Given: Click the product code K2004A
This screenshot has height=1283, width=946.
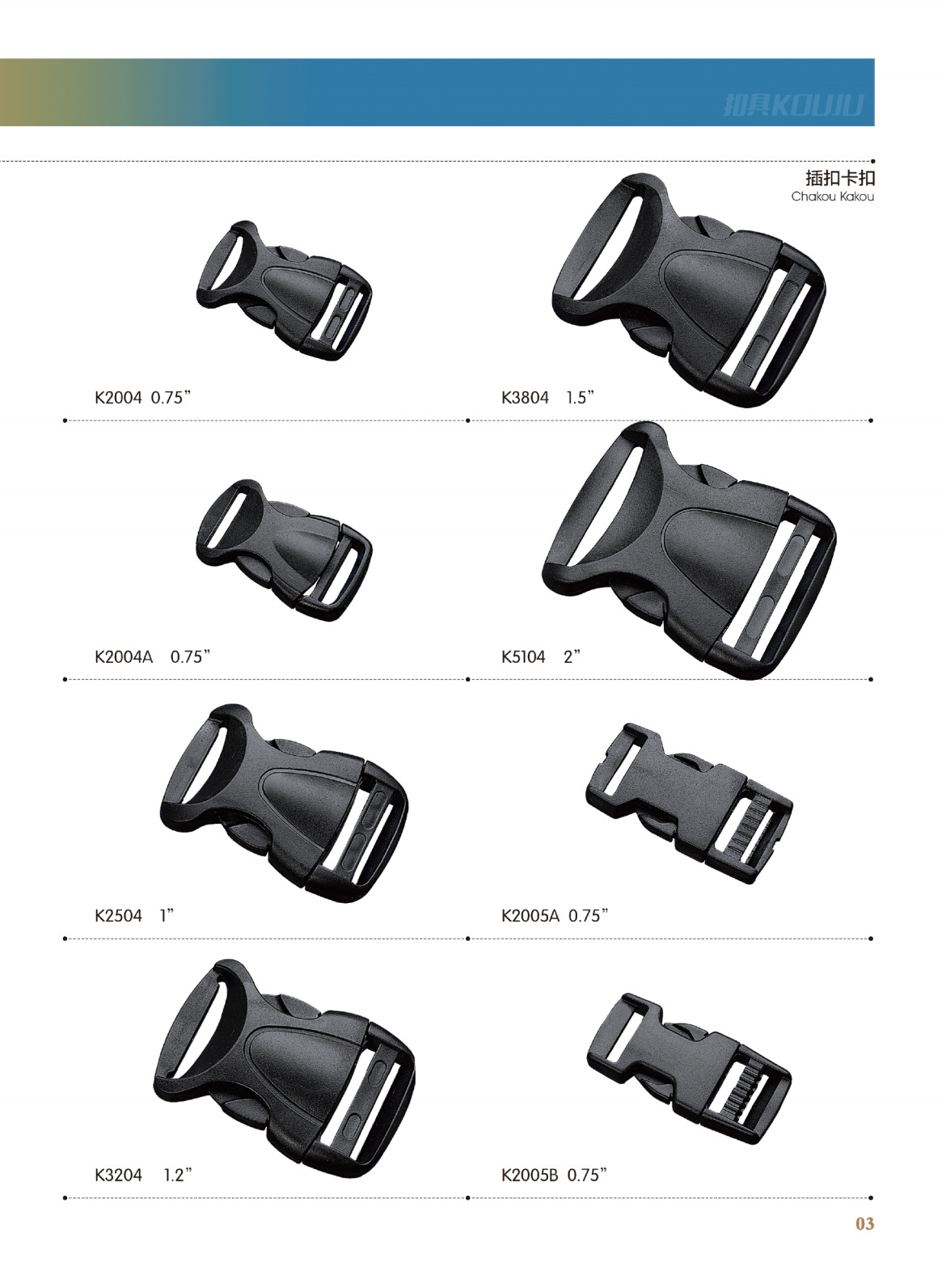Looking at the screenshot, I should click(x=123, y=656).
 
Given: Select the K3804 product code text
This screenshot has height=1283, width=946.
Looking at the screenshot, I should click(x=525, y=398).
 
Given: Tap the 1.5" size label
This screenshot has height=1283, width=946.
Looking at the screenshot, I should click(x=580, y=398).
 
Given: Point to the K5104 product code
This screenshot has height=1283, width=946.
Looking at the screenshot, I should click(x=523, y=656).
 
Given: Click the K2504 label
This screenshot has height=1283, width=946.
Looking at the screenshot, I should click(x=118, y=916).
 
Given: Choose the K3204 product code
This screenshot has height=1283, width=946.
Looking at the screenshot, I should click(x=118, y=1175).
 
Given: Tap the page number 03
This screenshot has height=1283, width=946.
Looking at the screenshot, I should click(x=864, y=1224).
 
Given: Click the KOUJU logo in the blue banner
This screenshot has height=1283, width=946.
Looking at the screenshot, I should click(x=793, y=105).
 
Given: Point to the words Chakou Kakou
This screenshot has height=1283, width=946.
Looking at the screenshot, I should click(x=832, y=196).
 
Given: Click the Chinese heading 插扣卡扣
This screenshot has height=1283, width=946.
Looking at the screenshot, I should click(x=840, y=178).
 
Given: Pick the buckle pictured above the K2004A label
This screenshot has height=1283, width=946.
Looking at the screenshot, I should click(x=283, y=550).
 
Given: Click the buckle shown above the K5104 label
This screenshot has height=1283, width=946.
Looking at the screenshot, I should click(x=687, y=550).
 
